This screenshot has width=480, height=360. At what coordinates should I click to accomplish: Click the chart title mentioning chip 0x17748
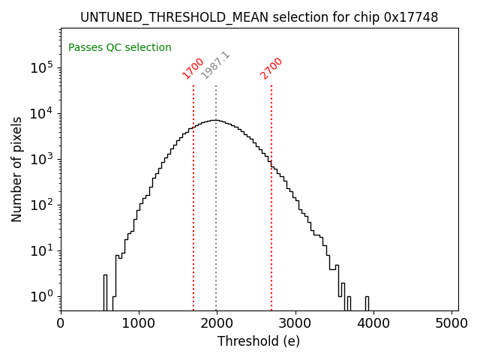pyautogui.click(x=259, y=17)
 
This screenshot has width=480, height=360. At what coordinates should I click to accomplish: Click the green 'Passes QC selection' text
pyautogui.click(x=120, y=48)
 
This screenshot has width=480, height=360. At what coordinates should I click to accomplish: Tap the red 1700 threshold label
pyautogui.click(x=193, y=68)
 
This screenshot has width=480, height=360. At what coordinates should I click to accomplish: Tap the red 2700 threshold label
pyautogui.click(x=271, y=68)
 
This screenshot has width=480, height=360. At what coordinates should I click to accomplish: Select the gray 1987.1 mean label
pyautogui.click(x=216, y=66)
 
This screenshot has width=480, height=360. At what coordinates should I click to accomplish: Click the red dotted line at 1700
pyautogui.click(x=193, y=195)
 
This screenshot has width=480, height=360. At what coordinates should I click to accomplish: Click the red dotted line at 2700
pyautogui.click(x=271, y=195)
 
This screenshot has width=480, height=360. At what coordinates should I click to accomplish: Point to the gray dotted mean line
pyautogui.click(x=216, y=210)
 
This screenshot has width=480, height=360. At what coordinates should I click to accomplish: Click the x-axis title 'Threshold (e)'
pyautogui.click(x=259, y=341)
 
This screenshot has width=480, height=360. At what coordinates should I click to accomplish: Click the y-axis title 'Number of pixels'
pyautogui.click(x=17, y=169)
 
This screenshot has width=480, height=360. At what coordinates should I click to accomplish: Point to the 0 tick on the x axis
pyautogui.click(x=61, y=323)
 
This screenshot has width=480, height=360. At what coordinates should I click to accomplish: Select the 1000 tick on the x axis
pyautogui.click(x=139, y=323)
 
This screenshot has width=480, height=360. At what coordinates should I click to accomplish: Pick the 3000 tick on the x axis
pyautogui.click(x=295, y=323)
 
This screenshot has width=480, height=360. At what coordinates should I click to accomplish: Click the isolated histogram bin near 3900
pyautogui.click(x=367, y=303)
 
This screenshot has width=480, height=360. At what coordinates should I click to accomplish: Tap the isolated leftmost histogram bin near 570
pyautogui.click(x=105, y=292)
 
